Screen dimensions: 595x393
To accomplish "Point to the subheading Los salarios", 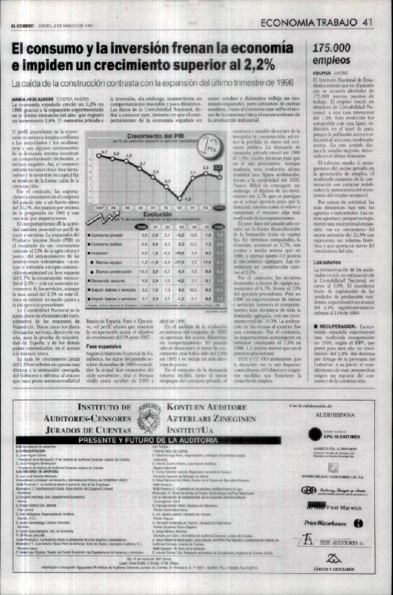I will click(x=327, y=261).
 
